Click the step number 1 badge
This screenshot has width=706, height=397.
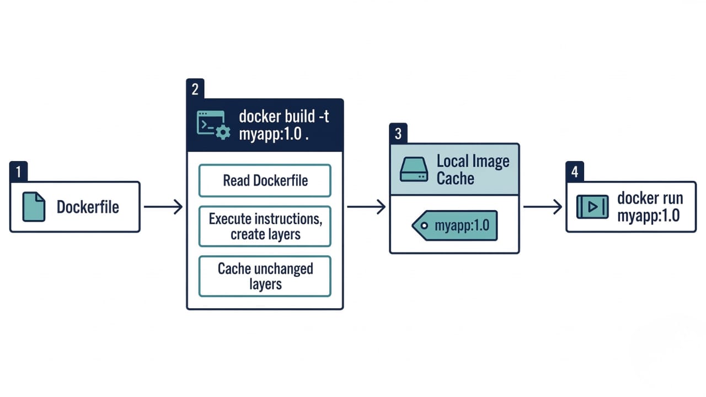[x=18, y=172]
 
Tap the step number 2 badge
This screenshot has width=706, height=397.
[x=195, y=89]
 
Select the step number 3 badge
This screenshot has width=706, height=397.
[x=398, y=134]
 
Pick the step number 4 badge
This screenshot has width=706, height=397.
[x=575, y=172]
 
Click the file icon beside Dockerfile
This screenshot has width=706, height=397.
[x=34, y=207]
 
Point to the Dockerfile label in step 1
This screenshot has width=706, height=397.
[x=88, y=207]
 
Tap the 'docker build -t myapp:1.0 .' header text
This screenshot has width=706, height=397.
[x=284, y=125]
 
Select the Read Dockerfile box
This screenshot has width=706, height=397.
[x=265, y=180]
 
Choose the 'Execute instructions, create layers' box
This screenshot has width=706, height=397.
[x=265, y=226]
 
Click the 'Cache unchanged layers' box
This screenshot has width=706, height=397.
[x=265, y=276]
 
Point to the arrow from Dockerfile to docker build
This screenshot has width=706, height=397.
[x=163, y=207]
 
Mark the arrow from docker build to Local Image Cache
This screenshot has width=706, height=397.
[x=366, y=207]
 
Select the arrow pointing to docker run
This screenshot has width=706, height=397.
[x=542, y=207]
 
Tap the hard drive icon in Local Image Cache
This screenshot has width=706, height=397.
[x=414, y=170]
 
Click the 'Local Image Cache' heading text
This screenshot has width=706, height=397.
[x=473, y=169]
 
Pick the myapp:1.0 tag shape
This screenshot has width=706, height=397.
[x=456, y=225]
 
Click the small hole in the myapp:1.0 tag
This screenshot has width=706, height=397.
[x=424, y=226]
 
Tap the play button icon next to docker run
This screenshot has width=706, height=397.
[x=592, y=207]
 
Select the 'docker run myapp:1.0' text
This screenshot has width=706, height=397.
[x=650, y=207]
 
